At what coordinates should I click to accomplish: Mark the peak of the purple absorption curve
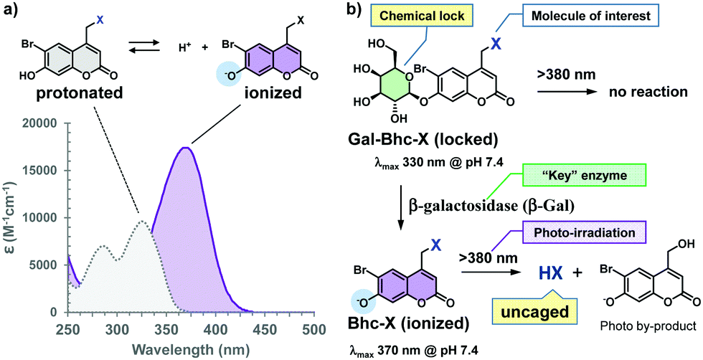pyautogui.click(x=186, y=148)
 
